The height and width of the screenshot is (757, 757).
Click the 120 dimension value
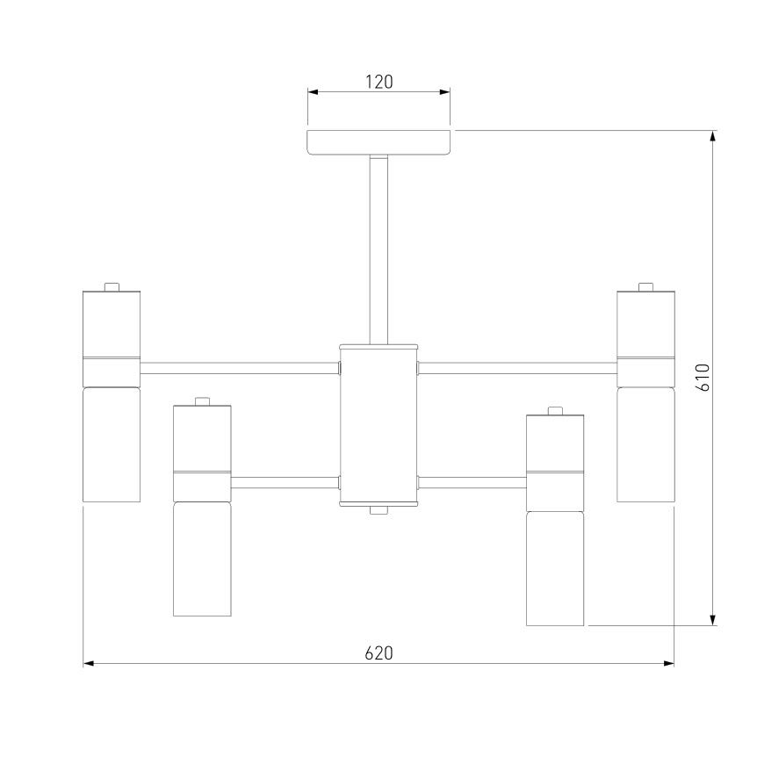tap(379, 82)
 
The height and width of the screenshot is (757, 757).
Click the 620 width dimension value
tap(379, 653)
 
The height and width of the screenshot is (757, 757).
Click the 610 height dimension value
tap(703, 378)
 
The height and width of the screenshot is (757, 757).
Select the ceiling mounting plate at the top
tap(379, 142)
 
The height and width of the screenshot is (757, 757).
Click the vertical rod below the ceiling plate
tap(379, 249)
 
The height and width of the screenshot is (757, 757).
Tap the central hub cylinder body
tap(379, 425)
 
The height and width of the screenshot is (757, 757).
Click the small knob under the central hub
tap(379, 510)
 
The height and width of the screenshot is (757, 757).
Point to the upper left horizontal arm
tap(240, 368)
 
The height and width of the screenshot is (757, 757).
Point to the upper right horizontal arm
tap(517, 368)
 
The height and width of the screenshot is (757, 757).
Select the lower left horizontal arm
tap(285, 482)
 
